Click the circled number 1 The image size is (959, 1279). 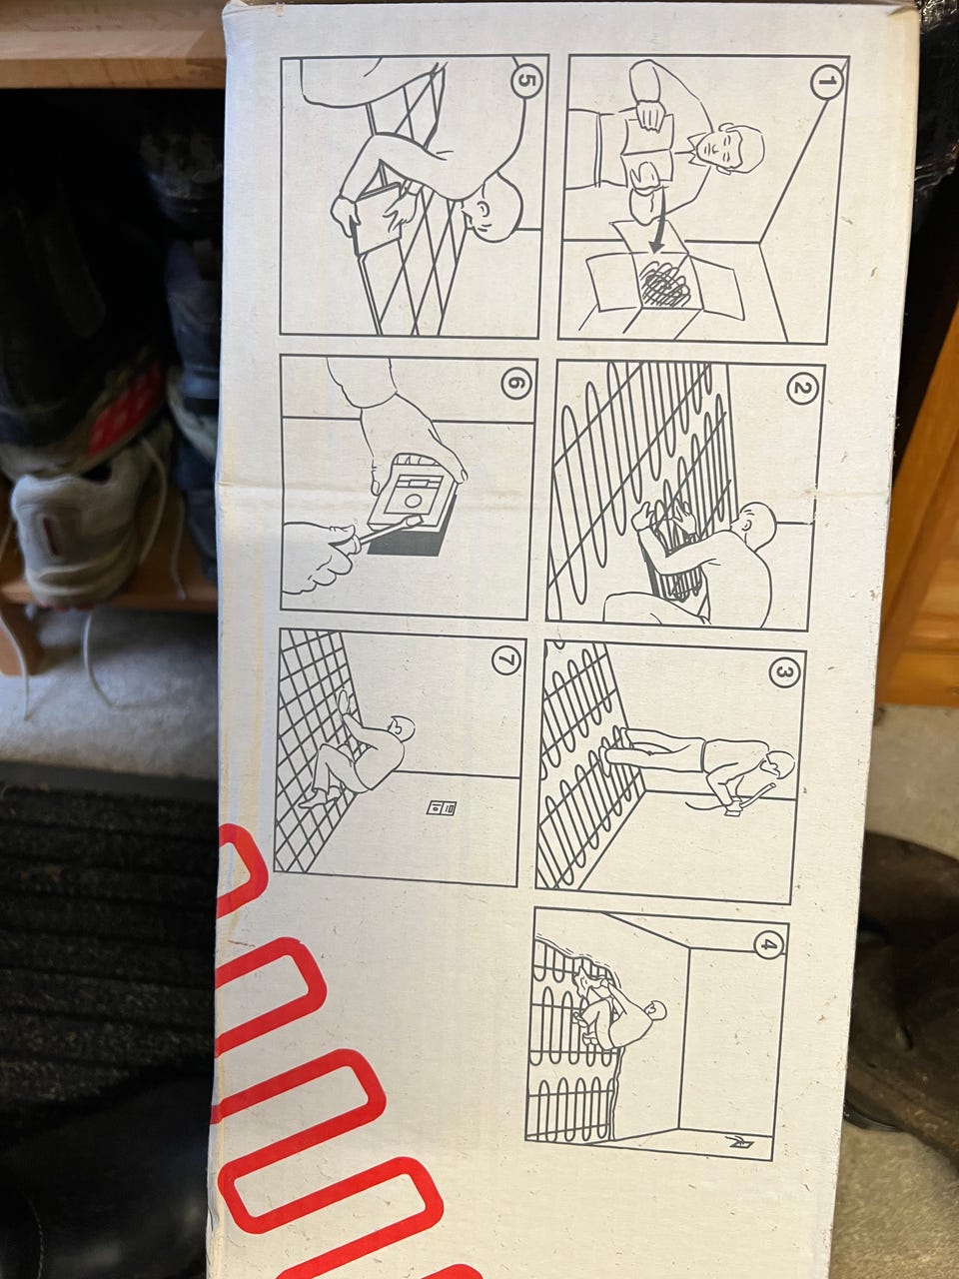pyautogui.click(x=826, y=81)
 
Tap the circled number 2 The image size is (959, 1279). pyautogui.click(x=802, y=388)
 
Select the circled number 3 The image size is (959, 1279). pyautogui.click(x=784, y=671)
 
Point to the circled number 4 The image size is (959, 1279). pyautogui.click(x=768, y=944)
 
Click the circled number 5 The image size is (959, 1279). pyautogui.click(x=526, y=82)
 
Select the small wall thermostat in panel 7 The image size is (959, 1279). pyautogui.click(x=442, y=807)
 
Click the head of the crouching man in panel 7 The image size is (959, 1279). pyautogui.click(x=402, y=726)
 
